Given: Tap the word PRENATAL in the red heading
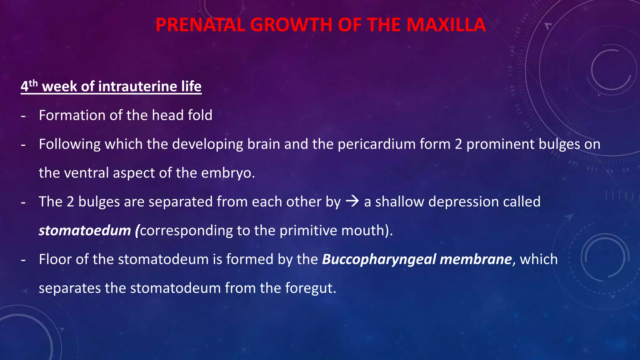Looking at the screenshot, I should (x=200, y=25).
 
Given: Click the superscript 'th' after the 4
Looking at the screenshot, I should (x=33, y=83).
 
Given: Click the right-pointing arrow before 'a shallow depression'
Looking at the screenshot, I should (x=352, y=201).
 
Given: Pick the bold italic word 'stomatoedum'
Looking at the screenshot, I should (x=85, y=231).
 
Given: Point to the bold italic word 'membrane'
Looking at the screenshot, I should (x=476, y=259).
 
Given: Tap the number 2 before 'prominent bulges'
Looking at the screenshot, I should (x=458, y=144).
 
